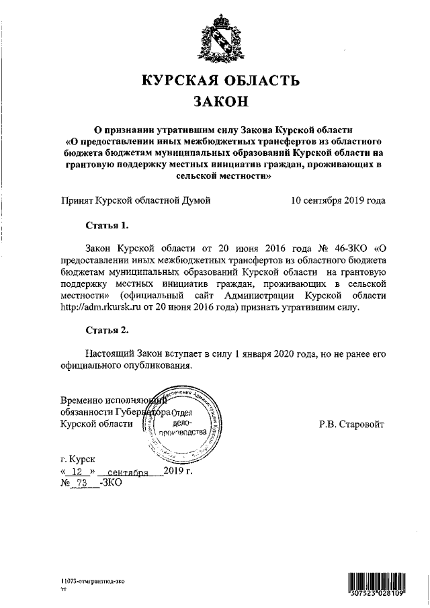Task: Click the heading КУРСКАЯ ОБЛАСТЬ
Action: click(220, 81)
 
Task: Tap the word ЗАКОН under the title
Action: click(220, 103)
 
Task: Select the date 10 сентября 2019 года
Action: click(338, 200)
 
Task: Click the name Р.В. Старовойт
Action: click(351, 424)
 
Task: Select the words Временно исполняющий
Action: click(107, 399)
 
